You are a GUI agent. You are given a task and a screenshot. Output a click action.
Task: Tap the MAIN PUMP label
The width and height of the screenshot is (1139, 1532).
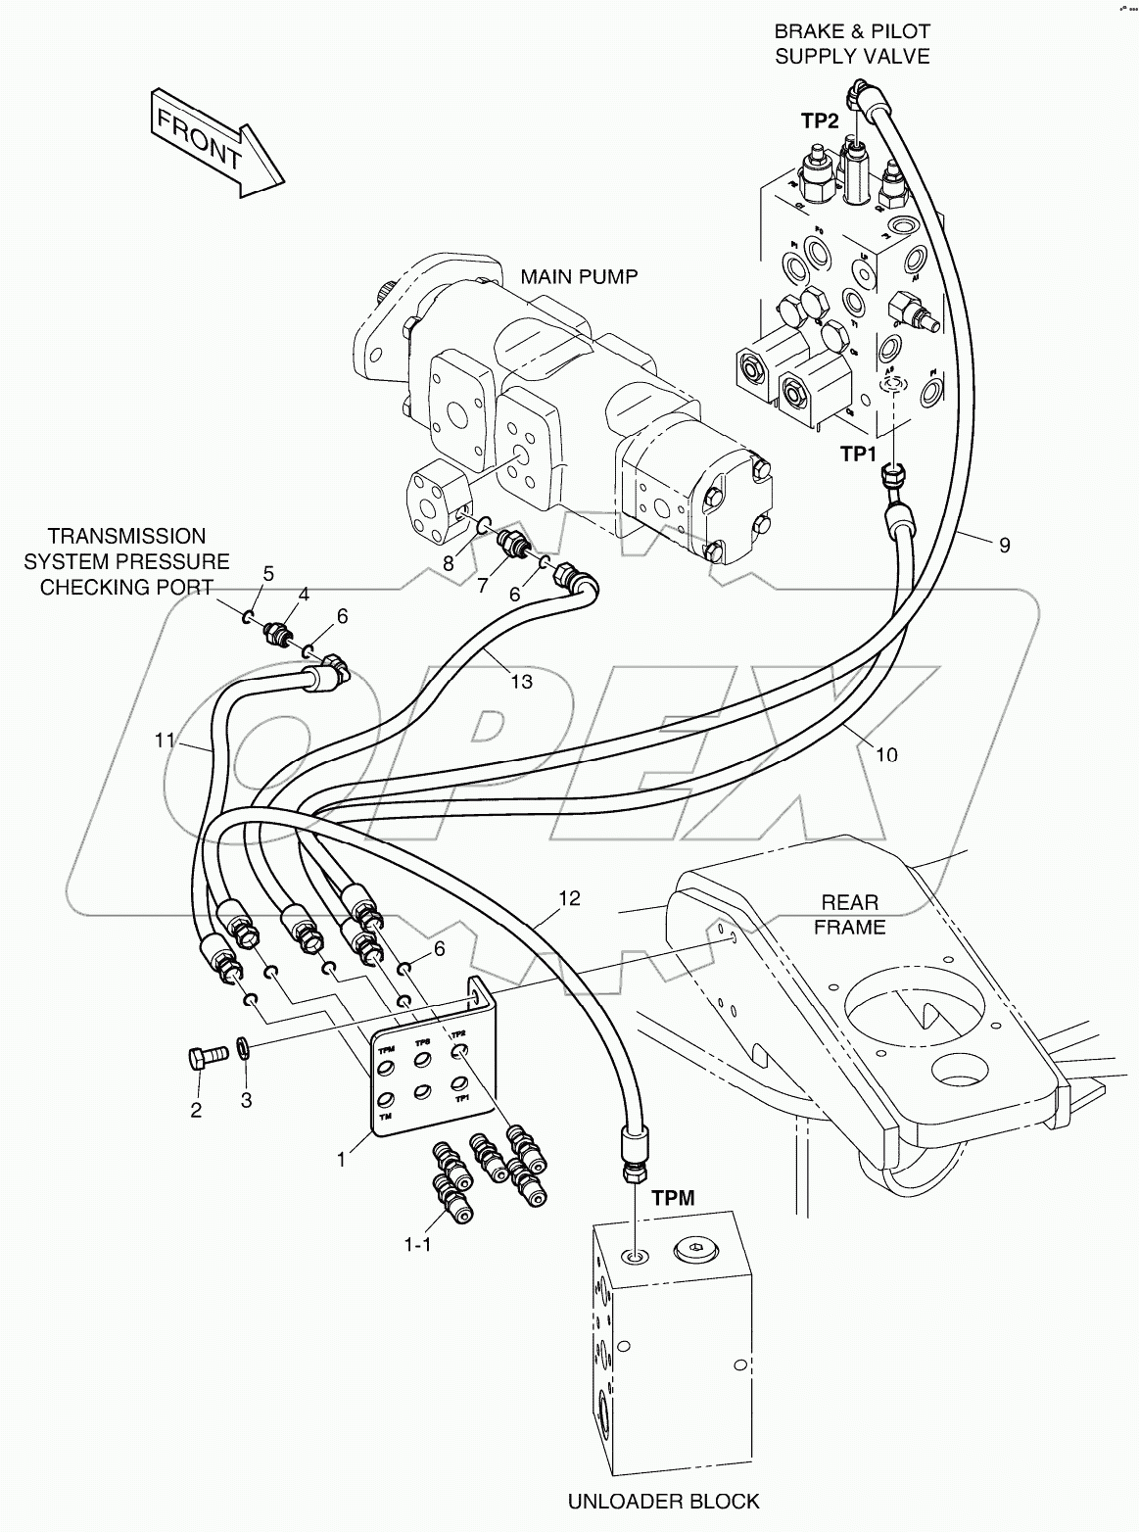(x=579, y=276)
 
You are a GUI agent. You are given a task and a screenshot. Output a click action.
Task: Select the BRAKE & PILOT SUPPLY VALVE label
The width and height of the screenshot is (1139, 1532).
(x=851, y=44)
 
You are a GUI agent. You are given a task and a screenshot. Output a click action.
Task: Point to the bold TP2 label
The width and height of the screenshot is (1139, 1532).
(x=819, y=120)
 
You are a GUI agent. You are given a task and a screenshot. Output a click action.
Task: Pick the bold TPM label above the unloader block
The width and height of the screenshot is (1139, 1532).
(x=673, y=1197)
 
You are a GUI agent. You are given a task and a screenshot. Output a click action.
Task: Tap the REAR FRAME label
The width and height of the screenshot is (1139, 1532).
(x=849, y=913)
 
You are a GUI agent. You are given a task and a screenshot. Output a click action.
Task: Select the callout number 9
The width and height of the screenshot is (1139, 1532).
(x=1004, y=545)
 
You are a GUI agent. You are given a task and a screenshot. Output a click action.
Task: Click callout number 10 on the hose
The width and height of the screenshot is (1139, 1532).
(x=886, y=754)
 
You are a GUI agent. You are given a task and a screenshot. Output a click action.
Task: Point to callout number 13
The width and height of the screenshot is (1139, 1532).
(x=521, y=681)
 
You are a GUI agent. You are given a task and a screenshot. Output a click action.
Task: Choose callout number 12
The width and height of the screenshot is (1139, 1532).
(x=569, y=897)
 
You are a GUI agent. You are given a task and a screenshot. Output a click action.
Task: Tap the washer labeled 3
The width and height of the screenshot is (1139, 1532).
(x=245, y=1051)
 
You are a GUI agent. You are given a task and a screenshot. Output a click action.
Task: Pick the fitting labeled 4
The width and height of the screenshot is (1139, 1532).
(x=275, y=635)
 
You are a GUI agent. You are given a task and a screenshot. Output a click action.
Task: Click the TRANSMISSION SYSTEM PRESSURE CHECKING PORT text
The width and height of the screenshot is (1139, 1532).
(x=127, y=561)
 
